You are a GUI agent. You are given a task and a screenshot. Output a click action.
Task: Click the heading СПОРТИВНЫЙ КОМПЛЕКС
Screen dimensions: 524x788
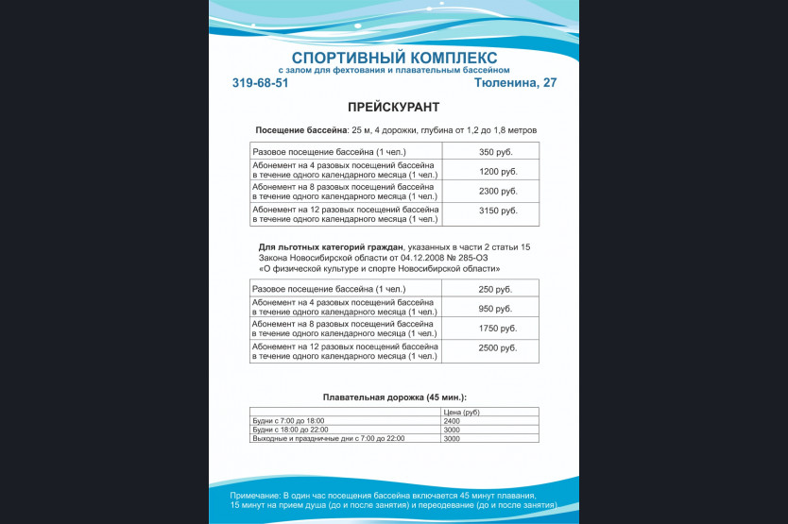pyautogui.click(x=394, y=58)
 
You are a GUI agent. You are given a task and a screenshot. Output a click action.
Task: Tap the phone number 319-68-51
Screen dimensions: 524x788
pyautogui.click(x=260, y=83)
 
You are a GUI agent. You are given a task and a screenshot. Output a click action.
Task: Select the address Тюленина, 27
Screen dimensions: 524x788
pyautogui.click(x=515, y=83)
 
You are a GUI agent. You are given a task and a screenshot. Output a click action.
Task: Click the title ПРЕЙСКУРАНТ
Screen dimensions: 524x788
pyautogui.click(x=393, y=108)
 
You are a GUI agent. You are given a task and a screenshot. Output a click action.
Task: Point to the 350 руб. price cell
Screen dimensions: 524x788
pyautogui.click(x=496, y=152)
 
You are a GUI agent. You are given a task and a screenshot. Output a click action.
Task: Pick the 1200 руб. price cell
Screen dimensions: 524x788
pyautogui.click(x=498, y=171)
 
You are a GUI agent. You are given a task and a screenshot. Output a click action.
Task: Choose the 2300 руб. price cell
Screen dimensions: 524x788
pyautogui.click(x=498, y=192)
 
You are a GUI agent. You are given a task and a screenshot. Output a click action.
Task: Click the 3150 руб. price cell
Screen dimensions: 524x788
pyautogui.click(x=498, y=211)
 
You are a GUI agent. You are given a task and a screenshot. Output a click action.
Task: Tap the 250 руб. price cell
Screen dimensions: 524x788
pyautogui.click(x=496, y=289)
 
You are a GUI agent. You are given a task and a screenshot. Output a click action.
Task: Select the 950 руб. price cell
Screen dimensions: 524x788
pyautogui.click(x=496, y=309)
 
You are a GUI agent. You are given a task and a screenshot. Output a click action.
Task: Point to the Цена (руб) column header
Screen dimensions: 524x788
pyautogui.click(x=461, y=413)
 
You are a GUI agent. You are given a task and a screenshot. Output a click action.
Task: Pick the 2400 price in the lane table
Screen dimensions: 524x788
pyautogui.click(x=452, y=421)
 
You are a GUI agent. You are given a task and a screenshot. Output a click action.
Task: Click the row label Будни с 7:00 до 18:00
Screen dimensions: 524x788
pyautogui.click(x=288, y=421)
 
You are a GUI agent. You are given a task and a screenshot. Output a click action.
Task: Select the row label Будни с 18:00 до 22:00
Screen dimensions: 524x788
pyautogui.click(x=290, y=430)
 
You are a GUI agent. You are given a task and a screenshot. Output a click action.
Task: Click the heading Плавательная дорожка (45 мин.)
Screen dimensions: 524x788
pyautogui.click(x=394, y=397)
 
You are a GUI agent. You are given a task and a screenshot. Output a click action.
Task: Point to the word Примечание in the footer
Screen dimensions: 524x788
pyautogui.click(x=254, y=496)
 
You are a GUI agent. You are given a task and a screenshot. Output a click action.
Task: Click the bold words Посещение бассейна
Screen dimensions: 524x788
pyautogui.click(x=301, y=129)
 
